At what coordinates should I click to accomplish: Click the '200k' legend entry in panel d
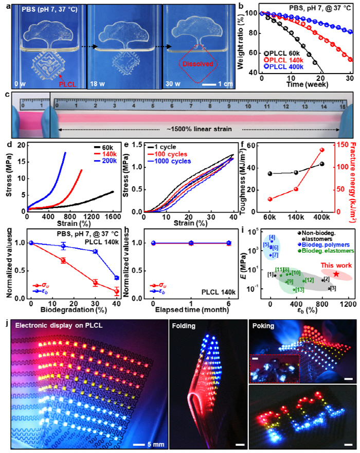coord(106,164)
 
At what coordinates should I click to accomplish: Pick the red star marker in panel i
coord(336,274)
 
